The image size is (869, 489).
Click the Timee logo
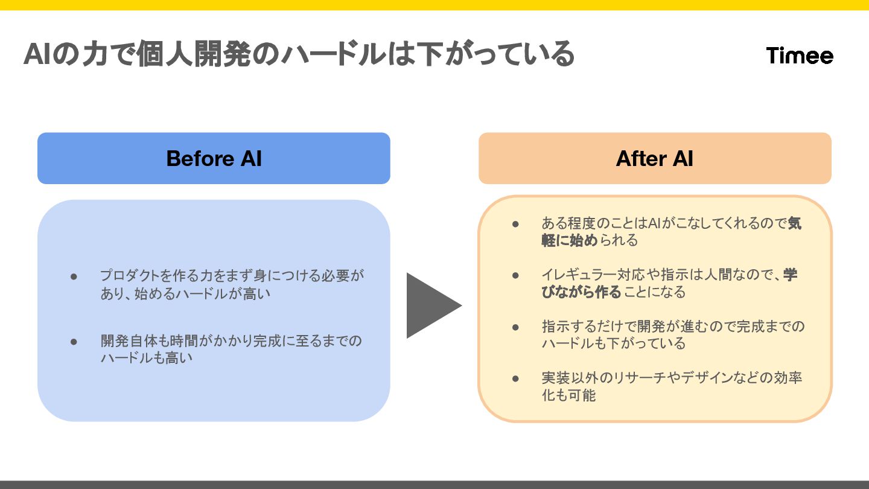[x=800, y=56]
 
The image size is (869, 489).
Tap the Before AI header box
[x=214, y=158]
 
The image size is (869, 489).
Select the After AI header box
[x=655, y=158]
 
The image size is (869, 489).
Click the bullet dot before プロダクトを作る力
[x=74, y=276]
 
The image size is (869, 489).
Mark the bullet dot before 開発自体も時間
[x=74, y=341]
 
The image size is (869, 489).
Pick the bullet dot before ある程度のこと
[x=515, y=223]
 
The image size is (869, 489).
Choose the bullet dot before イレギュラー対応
[x=515, y=275]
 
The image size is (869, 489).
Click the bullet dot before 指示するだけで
[x=515, y=327]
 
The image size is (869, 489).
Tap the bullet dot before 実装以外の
[x=515, y=379]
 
